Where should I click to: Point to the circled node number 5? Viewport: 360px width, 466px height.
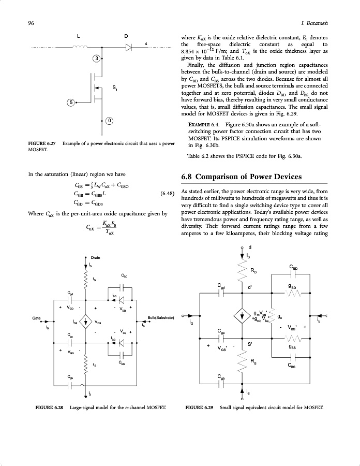coord(72,103)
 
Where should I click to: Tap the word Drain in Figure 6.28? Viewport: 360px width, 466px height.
coord(96,257)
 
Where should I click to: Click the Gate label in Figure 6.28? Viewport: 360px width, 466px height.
coord(37,317)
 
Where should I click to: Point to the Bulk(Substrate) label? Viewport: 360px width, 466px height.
coord(161,317)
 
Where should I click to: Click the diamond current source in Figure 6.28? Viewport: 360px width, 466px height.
coord(86,322)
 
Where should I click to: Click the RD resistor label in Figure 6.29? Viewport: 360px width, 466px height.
coord(254,271)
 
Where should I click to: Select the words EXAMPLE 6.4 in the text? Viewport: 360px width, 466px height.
coord(199,125)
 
